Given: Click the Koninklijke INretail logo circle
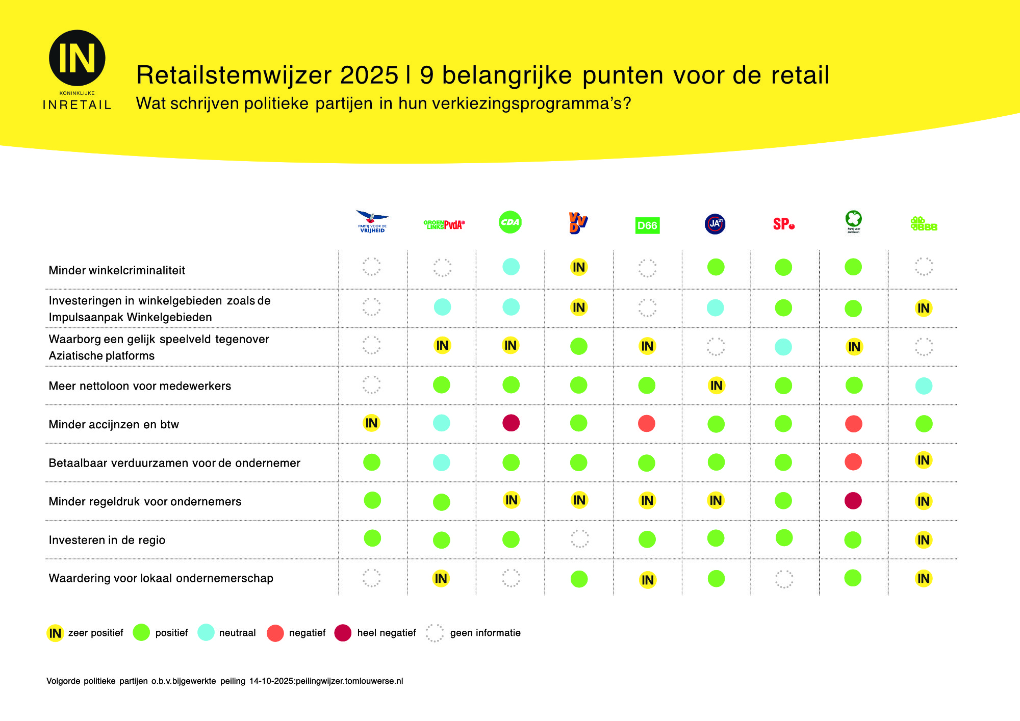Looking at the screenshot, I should coord(77,58).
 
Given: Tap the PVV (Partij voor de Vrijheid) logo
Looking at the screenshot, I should coord(372,221).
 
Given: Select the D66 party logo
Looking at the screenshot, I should coord(647,225).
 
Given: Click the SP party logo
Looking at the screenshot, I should coord(783,224).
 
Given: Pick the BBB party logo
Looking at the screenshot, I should coord(924,224).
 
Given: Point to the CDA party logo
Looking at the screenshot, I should coord(510,222).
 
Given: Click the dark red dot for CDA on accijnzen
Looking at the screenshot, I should coord(511,423).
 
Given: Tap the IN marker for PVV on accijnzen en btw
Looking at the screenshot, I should coord(371,423).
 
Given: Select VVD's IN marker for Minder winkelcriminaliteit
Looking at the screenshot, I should coord(579,267).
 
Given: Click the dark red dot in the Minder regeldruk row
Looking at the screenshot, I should coord(853,501).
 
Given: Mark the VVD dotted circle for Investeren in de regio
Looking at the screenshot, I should coord(579,538).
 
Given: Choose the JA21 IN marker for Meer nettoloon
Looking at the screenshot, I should coord(716,385).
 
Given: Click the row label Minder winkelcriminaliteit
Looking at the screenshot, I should coord(117,270).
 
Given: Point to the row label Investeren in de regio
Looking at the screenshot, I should coord(107,540).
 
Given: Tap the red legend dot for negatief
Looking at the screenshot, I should coord(275,633).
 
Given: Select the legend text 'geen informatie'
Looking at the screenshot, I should coord(485,633).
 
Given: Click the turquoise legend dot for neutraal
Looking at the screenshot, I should coord(206,632).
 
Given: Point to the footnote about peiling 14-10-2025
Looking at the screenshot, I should coord(224,681).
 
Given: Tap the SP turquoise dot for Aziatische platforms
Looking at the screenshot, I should coord(783,347).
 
